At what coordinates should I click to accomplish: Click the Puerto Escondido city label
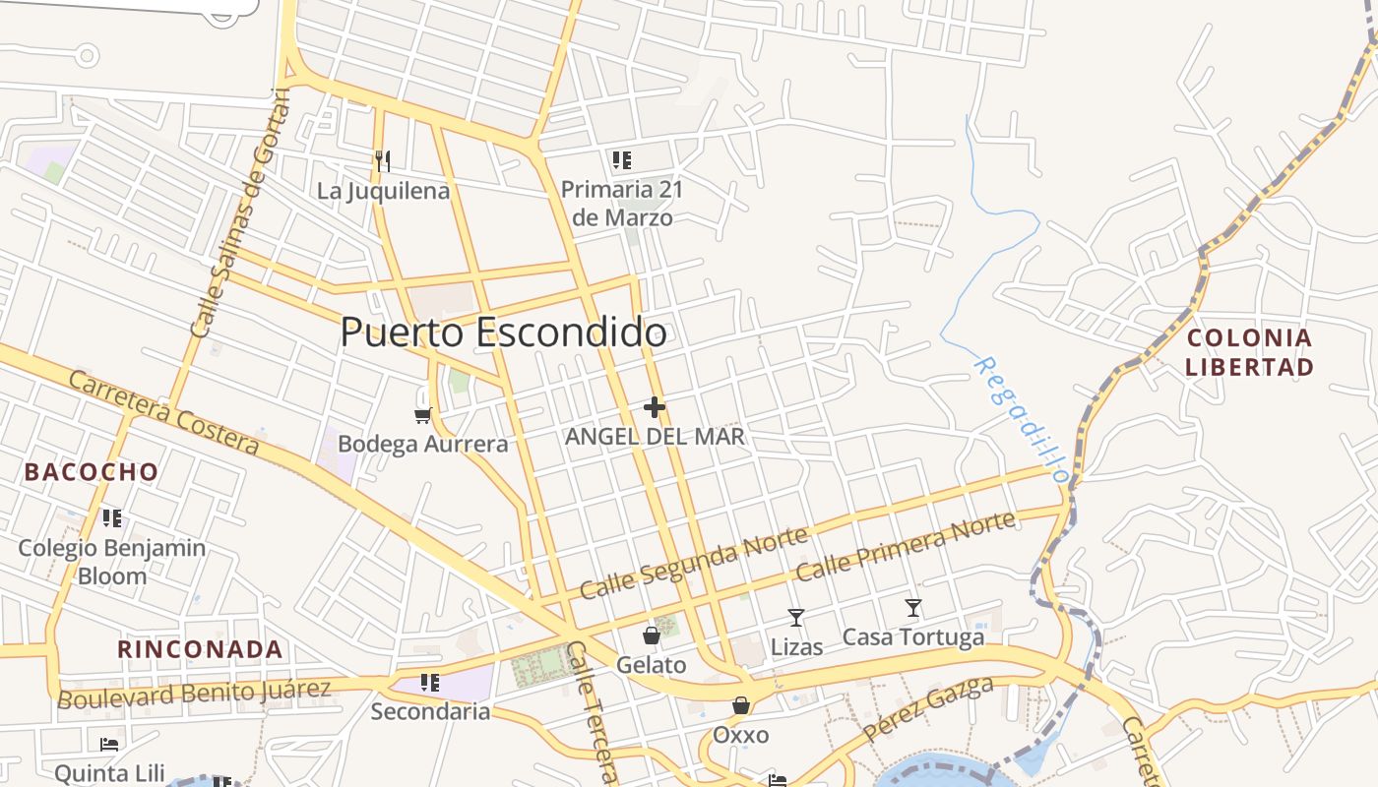(503, 333)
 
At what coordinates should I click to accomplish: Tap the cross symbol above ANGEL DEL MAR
(655, 406)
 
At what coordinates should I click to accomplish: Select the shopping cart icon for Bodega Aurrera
(423, 415)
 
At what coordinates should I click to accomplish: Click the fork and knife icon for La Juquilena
(383, 160)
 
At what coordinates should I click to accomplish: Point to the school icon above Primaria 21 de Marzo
(621, 159)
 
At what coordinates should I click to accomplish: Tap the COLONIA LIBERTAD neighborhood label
(1249, 352)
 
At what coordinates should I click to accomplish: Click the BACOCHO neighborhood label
(92, 472)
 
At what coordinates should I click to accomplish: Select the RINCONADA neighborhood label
(201, 649)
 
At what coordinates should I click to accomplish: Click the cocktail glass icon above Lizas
(796, 618)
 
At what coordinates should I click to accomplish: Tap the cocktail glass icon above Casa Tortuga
(913, 608)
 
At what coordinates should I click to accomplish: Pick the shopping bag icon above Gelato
(651, 636)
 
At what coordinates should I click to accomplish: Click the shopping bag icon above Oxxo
(740, 705)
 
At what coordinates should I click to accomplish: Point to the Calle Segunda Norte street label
(694, 563)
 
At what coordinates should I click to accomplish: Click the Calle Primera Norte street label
(905, 547)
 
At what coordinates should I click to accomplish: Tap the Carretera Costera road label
(163, 413)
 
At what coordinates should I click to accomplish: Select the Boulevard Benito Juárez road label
(194, 693)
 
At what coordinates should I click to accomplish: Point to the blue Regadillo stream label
(1021, 418)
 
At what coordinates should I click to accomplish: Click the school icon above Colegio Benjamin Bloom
(112, 517)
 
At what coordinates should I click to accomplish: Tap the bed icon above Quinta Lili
(109, 744)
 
